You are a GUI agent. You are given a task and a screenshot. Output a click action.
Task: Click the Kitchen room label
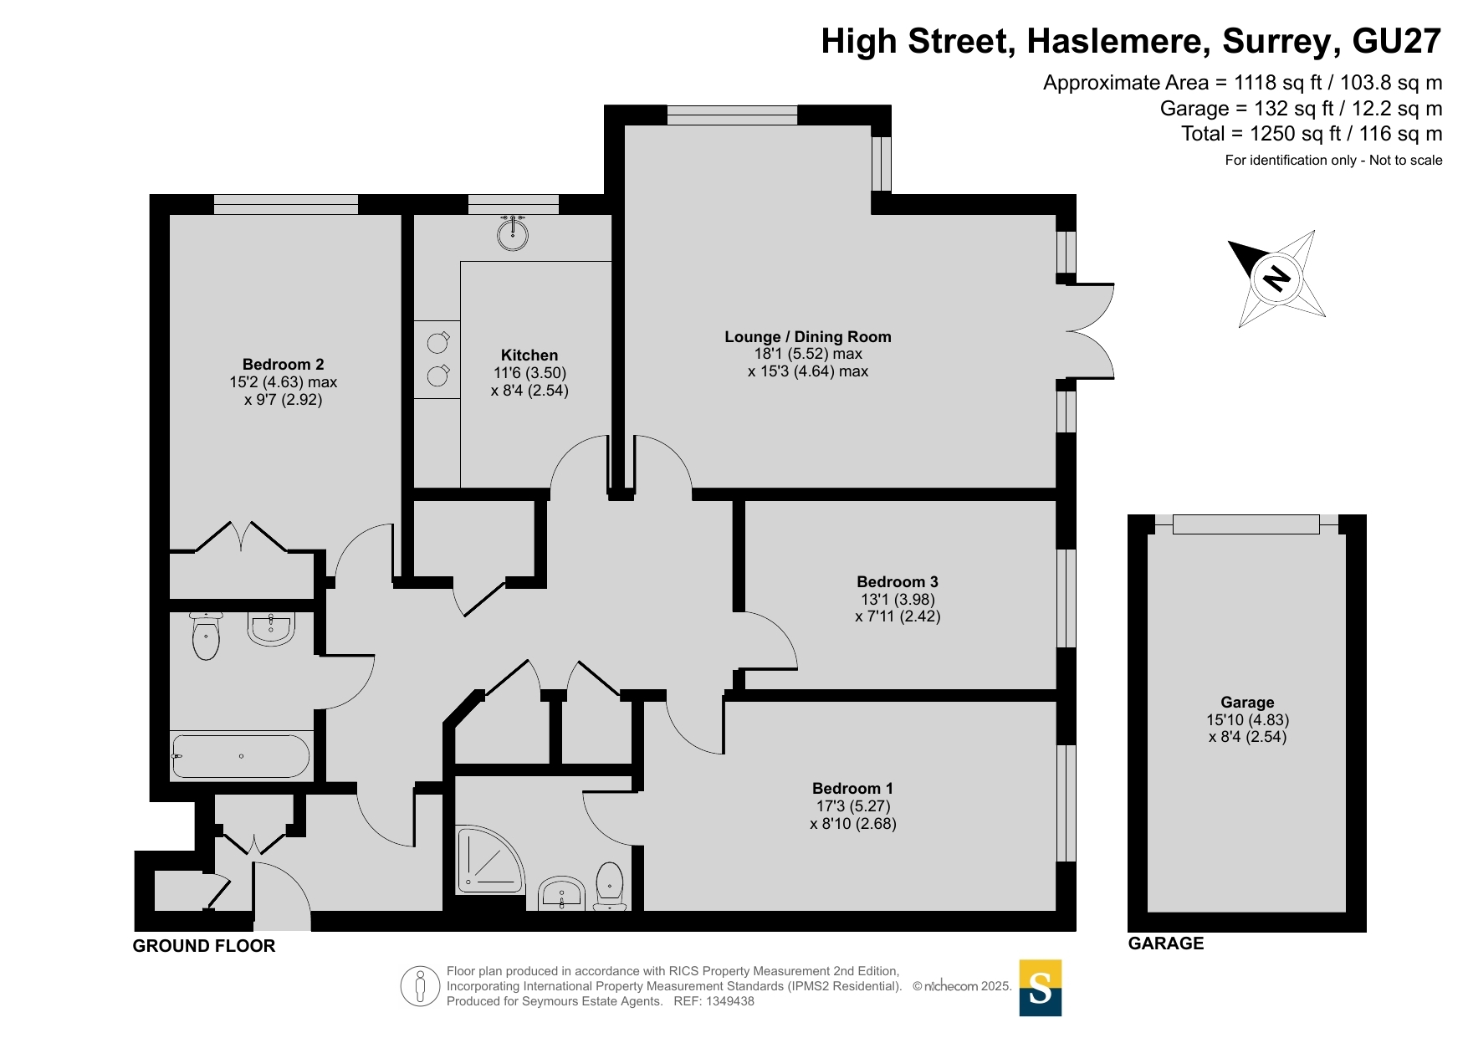pos(529,355)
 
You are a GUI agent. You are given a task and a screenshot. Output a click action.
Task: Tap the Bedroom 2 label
pos(283,365)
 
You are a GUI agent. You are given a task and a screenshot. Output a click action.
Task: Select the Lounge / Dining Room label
pos(808,337)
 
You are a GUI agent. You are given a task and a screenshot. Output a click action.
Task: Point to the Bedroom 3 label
pos(898,582)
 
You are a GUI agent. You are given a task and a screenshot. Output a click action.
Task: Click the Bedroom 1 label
pos(852,789)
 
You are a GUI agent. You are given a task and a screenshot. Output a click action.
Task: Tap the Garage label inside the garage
pos(1247,703)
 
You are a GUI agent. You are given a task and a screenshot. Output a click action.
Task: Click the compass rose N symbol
pos(1276,278)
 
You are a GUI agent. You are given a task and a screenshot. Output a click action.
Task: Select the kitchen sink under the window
pos(513,233)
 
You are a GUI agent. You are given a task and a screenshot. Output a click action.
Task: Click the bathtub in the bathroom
pos(241,756)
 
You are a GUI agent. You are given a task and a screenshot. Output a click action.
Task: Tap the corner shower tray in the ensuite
pos(489,859)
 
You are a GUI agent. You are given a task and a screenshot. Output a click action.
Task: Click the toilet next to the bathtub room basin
pos(206,637)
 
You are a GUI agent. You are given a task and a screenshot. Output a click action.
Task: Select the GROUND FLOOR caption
pos(204,946)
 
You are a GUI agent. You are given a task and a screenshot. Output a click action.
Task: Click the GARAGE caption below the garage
pos(1166,943)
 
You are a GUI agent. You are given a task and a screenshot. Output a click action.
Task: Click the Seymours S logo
pos(1041,988)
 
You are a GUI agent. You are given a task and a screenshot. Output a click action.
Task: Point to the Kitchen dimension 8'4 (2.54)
pos(529,391)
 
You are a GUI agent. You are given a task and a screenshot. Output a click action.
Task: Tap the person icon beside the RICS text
pos(420,986)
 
